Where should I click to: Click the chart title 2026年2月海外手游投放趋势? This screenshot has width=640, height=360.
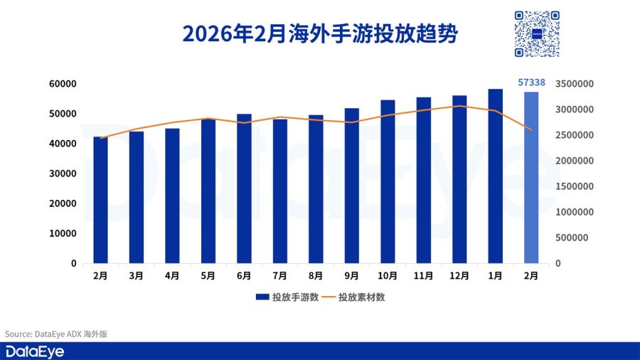pyautogui.click(x=319, y=33)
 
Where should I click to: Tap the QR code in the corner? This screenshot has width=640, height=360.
pyautogui.click(x=537, y=33)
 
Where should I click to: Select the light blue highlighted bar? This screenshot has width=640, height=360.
pyautogui.click(x=531, y=178)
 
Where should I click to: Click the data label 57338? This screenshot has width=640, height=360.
pyautogui.click(x=531, y=83)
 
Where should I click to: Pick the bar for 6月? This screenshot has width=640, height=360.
pyautogui.click(x=244, y=189)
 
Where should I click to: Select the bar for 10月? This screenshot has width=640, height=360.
pyautogui.click(x=388, y=181)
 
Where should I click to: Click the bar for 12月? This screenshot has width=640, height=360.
pyautogui.click(x=459, y=179)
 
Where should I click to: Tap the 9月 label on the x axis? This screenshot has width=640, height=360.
pyautogui.click(x=351, y=275)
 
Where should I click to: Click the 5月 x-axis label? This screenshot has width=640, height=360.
pyautogui.click(x=208, y=275)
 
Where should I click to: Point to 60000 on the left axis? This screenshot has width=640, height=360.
pyautogui.click(x=63, y=84)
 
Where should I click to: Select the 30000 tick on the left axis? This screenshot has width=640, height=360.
pyautogui.click(x=63, y=174)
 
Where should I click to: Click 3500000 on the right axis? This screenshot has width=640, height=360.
pyautogui.click(x=574, y=84)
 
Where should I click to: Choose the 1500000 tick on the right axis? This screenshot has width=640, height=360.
pyautogui.click(x=574, y=186)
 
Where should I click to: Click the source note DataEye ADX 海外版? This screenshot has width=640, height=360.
pyautogui.click(x=56, y=334)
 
